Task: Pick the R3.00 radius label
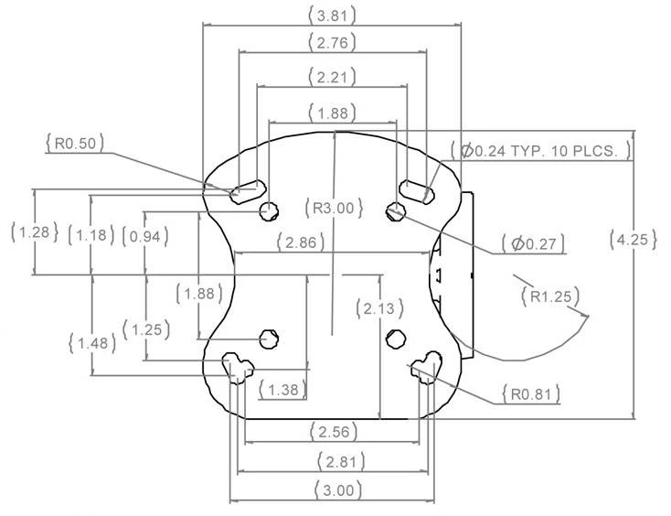[x=333, y=208]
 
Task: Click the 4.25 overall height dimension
[x=633, y=240]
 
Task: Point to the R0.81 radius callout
[x=530, y=394]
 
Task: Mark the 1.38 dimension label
[x=283, y=391]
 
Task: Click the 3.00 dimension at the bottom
[x=333, y=489]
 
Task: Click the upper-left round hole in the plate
[x=269, y=211]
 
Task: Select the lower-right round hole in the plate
[x=396, y=338]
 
